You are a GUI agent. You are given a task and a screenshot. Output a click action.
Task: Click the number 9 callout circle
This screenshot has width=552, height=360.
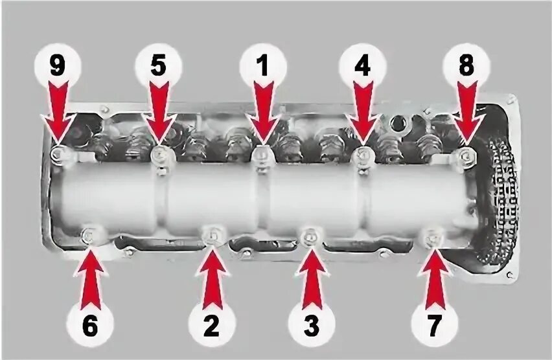58,65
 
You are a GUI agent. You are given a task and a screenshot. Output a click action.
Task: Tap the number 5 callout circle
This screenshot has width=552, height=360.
159,65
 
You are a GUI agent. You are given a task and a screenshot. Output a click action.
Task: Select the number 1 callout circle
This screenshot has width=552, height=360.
262,65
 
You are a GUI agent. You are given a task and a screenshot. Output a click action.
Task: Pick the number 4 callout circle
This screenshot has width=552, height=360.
363,65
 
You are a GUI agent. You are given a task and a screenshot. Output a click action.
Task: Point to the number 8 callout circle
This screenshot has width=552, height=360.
466,65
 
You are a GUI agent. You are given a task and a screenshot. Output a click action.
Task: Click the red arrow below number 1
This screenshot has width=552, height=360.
263,113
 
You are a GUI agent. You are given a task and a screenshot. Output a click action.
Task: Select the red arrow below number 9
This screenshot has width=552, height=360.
58,113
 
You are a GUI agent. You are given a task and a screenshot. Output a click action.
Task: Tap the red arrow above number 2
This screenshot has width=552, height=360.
213,278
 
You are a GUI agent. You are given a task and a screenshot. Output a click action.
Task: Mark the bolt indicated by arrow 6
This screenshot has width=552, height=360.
89,235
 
